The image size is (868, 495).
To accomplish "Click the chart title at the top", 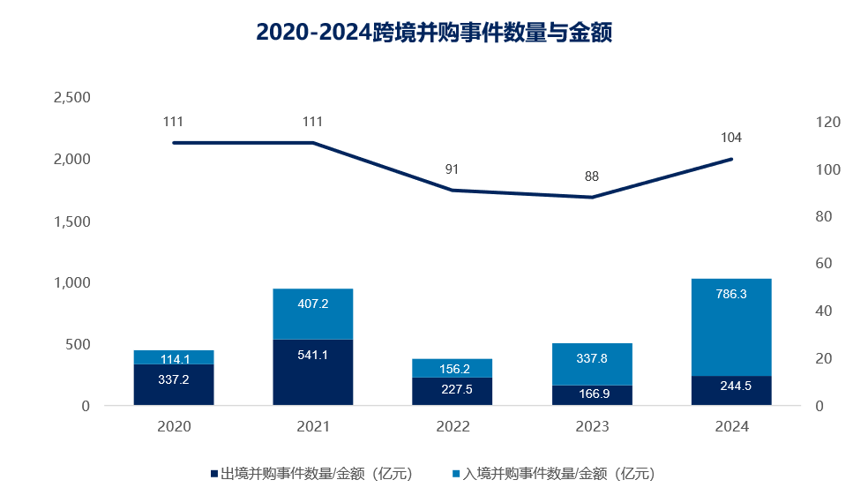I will pyautogui.click(x=434, y=33).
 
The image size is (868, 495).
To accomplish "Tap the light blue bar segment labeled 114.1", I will pyautogui.click(x=174, y=356).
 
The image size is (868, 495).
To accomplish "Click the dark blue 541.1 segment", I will pyautogui.click(x=313, y=371).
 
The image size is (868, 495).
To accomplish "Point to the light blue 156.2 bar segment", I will pyautogui.click(x=453, y=367).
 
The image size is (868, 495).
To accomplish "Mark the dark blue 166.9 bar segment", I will pyautogui.click(x=592, y=394).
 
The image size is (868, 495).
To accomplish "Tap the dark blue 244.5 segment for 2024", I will pyautogui.click(x=731, y=390).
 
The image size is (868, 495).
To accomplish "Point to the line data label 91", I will pyautogui.click(x=453, y=169).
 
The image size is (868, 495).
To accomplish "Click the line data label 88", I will pyautogui.click(x=592, y=176).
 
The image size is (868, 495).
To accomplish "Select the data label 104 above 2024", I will pyautogui.click(x=731, y=138).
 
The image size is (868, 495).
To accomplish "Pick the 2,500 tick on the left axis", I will pyautogui.click(x=72, y=97).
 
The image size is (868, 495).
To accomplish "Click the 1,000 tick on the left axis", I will pyautogui.click(x=72, y=282).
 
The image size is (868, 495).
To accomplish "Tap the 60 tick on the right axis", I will pyautogui.click(x=825, y=264).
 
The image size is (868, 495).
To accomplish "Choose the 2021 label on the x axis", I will pyautogui.click(x=313, y=427).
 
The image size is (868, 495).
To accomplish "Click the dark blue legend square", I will pyautogui.click(x=214, y=474).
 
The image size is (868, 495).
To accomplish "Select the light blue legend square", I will pyautogui.click(x=456, y=474).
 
